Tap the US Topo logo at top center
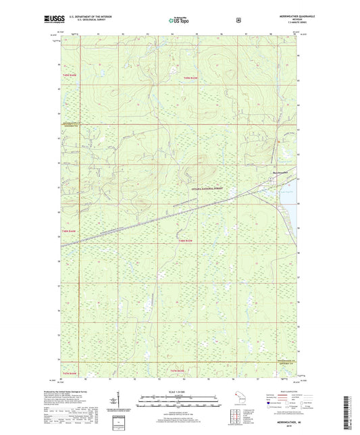pos(179,21)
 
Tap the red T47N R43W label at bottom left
pos(70,373)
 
